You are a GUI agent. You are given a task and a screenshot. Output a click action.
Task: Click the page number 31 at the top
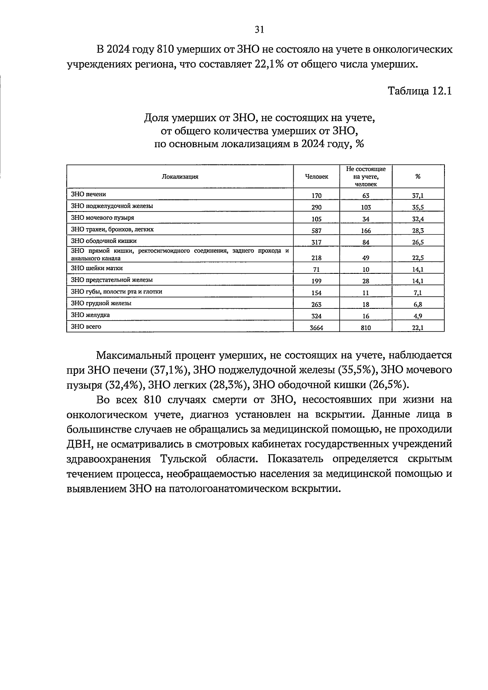pyautogui.click(x=259, y=29)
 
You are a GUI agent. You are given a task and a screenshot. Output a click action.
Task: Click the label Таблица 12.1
pyautogui.click(x=420, y=91)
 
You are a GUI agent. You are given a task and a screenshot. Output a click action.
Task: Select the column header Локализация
pyautogui.click(x=180, y=177)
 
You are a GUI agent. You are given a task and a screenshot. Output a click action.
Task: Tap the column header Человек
pyautogui.click(x=316, y=177)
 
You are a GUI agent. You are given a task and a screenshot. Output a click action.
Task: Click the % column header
pyautogui.click(x=418, y=177)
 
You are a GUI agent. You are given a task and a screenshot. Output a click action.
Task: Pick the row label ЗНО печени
pyautogui.click(x=88, y=194)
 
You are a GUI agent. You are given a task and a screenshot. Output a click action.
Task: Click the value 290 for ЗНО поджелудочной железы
pyautogui.click(x=316, y=207)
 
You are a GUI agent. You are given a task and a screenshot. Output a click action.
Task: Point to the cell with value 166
pyautogui.click(x=366, y=230)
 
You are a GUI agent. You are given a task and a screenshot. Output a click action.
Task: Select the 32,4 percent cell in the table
pyautogui.click(x=418, y=219)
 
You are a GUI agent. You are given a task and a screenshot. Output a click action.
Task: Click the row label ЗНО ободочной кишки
pyautogui.click(x=104, y=241)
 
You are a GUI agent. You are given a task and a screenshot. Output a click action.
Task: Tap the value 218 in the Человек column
pyautogui.click(x=316, y=258)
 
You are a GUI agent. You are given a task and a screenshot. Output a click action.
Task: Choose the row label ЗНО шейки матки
pyautogui.click(x=97, y=268)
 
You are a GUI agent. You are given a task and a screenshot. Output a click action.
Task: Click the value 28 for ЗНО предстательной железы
pyautogui.click(x=366, y=281)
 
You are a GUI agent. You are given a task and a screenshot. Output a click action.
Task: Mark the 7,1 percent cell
pyautogui.click(x=418, y=293)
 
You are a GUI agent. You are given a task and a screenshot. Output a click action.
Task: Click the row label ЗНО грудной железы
pyautogui.click(x=101, y=303)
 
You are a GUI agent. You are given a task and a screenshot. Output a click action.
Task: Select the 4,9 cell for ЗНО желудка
pyautogui.click(x=418, y=316)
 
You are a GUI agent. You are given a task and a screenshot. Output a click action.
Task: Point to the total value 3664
pyautogui.click(x=316, y=327)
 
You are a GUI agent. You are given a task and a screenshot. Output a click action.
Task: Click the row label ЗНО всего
pyautogui.click(x=86, y=326)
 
